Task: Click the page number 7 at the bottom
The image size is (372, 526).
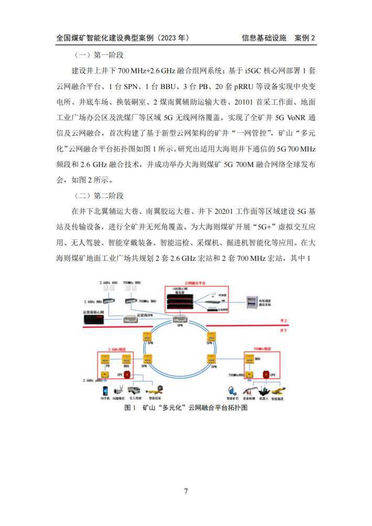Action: pyautogui.click(x=186, y=491)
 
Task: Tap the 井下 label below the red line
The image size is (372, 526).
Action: pyautogui.click(x=285, y=331)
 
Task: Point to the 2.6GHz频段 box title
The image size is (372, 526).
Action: pyautogui.click(x=116, y=348)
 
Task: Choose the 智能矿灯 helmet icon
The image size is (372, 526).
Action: pyautogui.click(x=232, y=391)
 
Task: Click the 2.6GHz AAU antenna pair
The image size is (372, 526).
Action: pyautogui.click(x=109, y=288)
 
